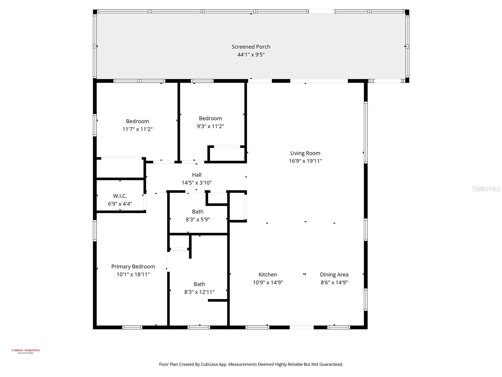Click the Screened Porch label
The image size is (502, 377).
point(251,47)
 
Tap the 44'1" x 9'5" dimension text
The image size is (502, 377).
point(251,55)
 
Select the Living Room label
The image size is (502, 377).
point(305,153)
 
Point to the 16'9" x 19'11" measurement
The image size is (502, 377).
point(305,161)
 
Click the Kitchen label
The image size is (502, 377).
point(268,275)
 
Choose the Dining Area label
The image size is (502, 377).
point(334,275)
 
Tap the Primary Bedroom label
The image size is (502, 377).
point(133,267)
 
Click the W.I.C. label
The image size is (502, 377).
point(120,196)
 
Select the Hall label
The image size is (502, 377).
point(196,175)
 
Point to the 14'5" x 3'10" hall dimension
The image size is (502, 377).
point(196,183)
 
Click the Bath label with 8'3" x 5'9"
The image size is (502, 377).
point(198,212)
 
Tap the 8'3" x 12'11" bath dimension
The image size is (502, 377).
point(199,292)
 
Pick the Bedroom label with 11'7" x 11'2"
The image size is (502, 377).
point(137,121)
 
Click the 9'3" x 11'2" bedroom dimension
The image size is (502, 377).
point(210,126)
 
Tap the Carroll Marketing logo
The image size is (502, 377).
point(26,351)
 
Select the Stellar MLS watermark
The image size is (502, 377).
point(486,188)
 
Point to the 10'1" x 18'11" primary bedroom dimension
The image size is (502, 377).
point(133,275)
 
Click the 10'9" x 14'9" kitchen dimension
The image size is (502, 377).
point(268,282)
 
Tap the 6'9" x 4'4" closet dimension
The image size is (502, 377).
point(120,204)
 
